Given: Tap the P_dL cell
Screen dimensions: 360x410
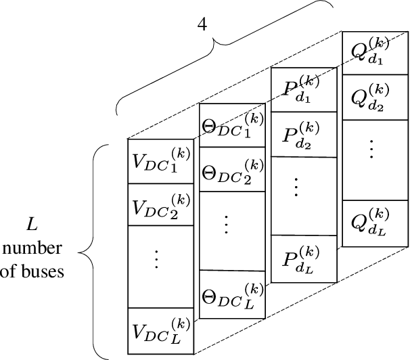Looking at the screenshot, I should coord(303,258).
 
